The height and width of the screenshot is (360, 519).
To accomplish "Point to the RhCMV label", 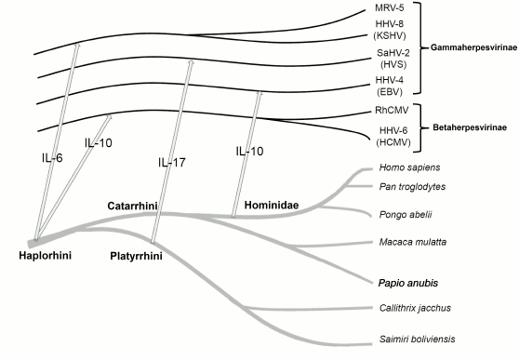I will [x=387, y=112].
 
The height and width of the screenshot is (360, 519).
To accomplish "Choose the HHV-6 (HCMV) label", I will [x=387, y=134].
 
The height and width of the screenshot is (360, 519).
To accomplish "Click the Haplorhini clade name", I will [x=46, y=255].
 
